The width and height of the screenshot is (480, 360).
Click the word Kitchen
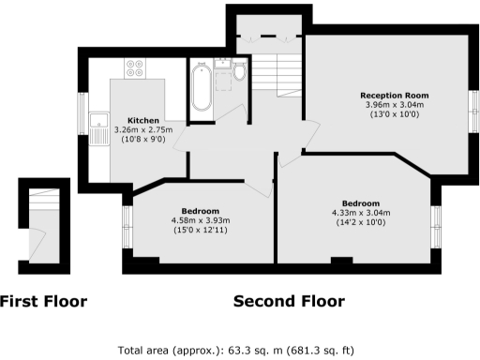(x=142, y=121)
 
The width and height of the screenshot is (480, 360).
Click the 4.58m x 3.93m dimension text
(x=201, y=220)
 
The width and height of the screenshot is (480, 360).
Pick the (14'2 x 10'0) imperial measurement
(x=360, y=222)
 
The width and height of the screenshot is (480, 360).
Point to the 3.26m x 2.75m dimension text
(x=142, y=130)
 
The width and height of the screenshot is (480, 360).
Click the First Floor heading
(x=43, y=302)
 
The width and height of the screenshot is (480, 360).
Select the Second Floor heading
(x=288, y=302)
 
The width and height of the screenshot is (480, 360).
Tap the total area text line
(x=235, y=351)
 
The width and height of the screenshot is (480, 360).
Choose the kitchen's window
(x=81, y=112)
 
